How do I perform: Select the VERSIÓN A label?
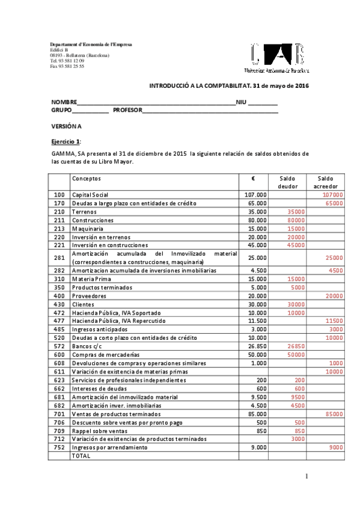(66, 126)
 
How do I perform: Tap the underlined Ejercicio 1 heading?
(66, 141)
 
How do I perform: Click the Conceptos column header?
(87, 179)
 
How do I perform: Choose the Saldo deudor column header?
(287, 182)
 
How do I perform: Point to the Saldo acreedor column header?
(325, 182)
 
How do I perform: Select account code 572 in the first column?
(59, 346)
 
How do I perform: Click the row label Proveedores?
(89, 296)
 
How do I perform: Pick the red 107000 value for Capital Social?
(332, 195)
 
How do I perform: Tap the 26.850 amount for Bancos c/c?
(256, 346)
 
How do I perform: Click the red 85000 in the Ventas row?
(334, 414)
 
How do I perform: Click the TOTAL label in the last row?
(81, 456)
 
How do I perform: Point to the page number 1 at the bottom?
(306, 477)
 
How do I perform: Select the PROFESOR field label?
(127, 111)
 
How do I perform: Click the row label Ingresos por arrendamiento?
(111, 447)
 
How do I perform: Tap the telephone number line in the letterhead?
(67, 61)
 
